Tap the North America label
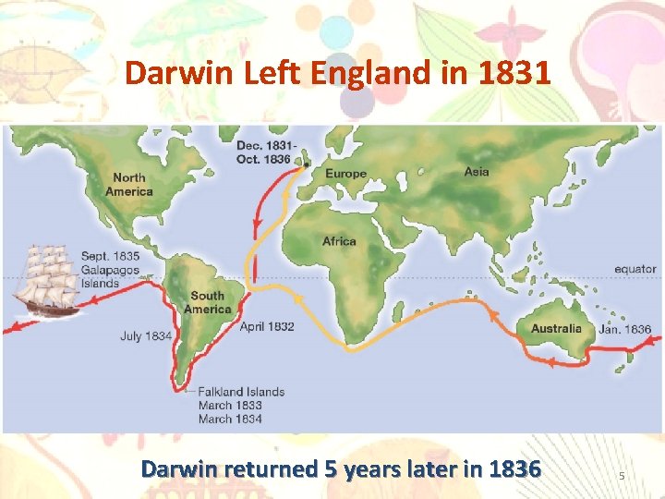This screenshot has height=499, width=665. [128, 185]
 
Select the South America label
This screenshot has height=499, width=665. [207, 302]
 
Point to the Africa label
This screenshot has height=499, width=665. [339, 241]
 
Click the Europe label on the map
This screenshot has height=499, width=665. [345, 174]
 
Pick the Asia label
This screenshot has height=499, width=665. [477, 171]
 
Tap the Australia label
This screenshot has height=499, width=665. [556, 328]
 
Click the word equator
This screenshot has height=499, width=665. [635, 270]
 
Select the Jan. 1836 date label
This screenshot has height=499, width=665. [625, 329]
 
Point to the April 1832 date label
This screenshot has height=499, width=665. [267, 326]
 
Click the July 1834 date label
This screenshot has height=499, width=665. [146, 336]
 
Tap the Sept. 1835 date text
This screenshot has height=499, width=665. [111, 256]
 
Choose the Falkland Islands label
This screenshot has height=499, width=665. [241, 392]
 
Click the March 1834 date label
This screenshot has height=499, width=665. [230, 419]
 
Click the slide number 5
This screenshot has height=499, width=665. [622, 476]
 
